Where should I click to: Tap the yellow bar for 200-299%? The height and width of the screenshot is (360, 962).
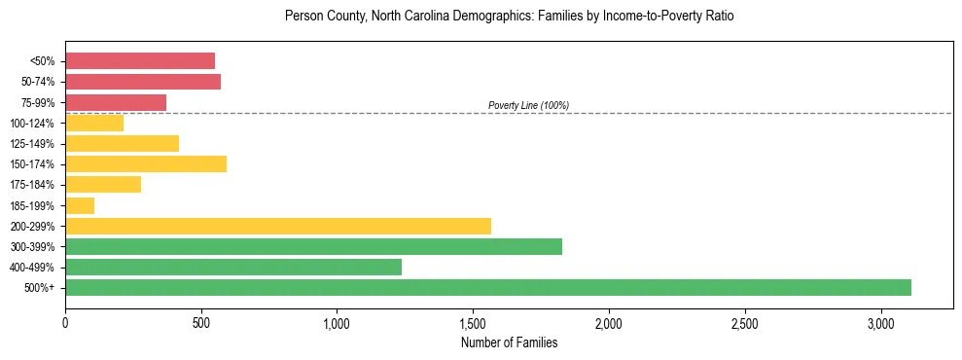point(278,226)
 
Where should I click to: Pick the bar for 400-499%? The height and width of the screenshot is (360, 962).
point(233,267)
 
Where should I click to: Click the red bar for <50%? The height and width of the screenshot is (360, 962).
point(140,61)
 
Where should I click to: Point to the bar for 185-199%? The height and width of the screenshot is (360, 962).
point(80,205)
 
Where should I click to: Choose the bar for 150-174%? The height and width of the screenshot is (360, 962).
point(146,163)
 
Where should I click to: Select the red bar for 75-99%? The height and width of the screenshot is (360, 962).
point(116,102)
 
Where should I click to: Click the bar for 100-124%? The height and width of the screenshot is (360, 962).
point(94,123)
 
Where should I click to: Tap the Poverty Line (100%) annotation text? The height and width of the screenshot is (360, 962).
point(528,105)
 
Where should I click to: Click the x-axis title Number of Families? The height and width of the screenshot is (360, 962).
point(509,342)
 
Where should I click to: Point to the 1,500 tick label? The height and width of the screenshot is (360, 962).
point(473,322)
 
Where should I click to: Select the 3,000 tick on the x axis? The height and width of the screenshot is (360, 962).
point(880,322)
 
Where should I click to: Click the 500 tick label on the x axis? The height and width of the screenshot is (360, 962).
point(201,322)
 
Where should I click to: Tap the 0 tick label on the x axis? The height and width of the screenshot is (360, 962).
point(65,322)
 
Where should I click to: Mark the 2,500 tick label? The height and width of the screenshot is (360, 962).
point(744,322)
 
